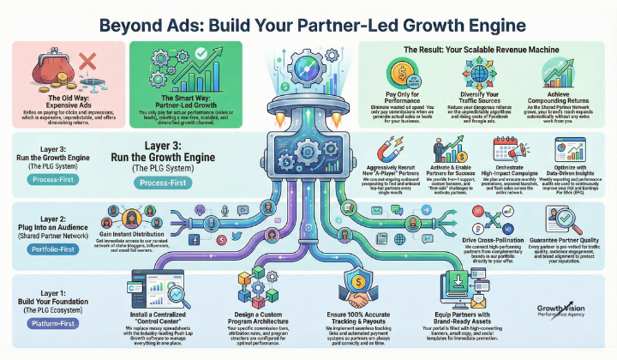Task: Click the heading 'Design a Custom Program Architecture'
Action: pos(255,315)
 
